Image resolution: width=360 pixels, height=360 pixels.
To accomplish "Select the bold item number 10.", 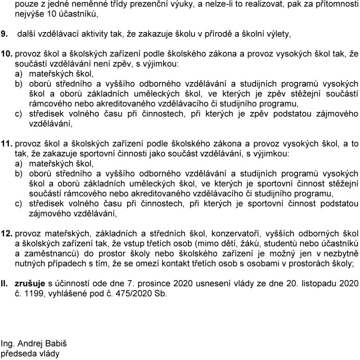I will tap(6, 53).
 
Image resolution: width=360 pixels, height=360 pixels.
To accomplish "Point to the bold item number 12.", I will tap(6, 233).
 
